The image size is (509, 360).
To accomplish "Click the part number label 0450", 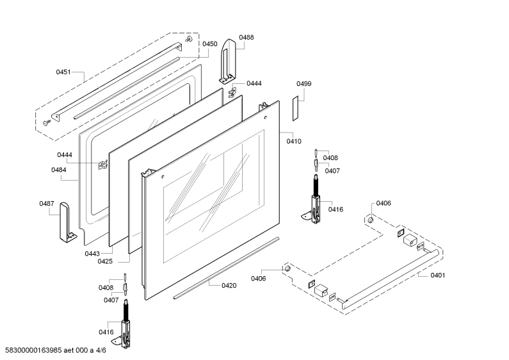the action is (210, 44).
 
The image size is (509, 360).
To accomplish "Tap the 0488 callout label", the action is (246, 37).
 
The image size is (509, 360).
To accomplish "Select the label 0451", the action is (63, 72).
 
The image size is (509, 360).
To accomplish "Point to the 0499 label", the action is (304, 83).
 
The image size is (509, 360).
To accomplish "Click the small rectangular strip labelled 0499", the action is (295, 108).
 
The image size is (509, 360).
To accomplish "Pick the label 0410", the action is (294, 141).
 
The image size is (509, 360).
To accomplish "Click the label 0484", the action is (59, 170).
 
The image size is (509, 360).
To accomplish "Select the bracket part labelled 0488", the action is (228, 61).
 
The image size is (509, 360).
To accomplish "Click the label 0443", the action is (92, 254).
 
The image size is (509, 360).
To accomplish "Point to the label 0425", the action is (105, 261).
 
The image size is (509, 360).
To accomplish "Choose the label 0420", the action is (229, 285).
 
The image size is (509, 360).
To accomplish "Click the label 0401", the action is (437, 275).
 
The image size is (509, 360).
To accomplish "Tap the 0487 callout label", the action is (47, 204).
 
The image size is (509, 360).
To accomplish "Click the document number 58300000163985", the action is (33, 350).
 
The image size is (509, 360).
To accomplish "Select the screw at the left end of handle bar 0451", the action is (47, 122).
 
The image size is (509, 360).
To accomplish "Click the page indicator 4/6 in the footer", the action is (101, 350).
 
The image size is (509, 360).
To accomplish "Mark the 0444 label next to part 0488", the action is (254, 83).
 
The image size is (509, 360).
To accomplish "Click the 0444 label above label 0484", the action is (65, 154).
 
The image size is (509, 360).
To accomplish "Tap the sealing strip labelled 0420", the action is (226, 268).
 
